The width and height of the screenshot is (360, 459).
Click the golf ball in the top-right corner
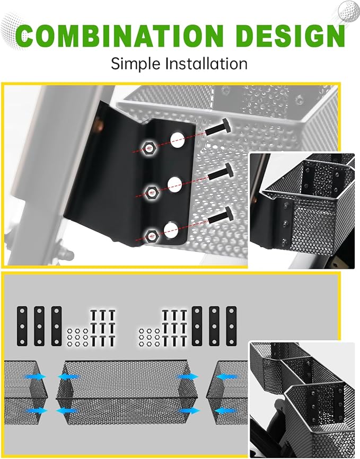pos(348,11)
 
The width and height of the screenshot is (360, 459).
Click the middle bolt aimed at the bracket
pos(221,172)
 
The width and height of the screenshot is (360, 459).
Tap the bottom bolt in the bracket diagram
pos(221,215)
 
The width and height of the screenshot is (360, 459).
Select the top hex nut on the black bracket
pos(149,147)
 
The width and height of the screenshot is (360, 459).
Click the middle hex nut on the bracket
pos(152,192)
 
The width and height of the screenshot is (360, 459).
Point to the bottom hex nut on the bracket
pos(152,235)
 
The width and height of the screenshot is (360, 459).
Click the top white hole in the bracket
pos(178,139)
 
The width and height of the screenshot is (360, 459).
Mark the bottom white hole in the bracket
pos(171,230)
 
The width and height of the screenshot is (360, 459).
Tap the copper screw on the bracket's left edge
pos(99,126)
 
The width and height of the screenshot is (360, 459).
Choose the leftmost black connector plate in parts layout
pos(22,326)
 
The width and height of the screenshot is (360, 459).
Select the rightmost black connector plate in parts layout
pos(231,326)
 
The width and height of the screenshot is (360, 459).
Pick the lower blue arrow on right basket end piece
pos(226,411)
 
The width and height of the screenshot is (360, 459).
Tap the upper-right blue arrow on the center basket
pos(187,377)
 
